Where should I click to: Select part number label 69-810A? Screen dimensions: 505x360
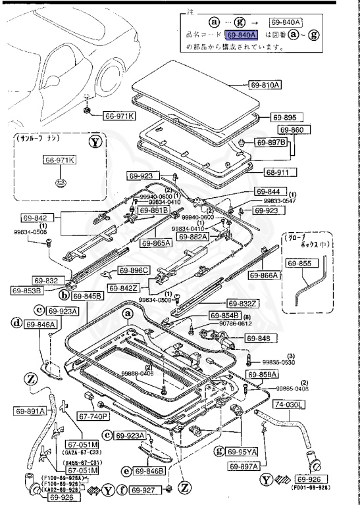[x=265, y=85]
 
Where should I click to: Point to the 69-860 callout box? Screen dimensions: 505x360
[x=292, y=130]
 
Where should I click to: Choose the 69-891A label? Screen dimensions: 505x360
[x=30, y=411]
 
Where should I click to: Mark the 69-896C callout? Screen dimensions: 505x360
[x=134, y=270]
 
